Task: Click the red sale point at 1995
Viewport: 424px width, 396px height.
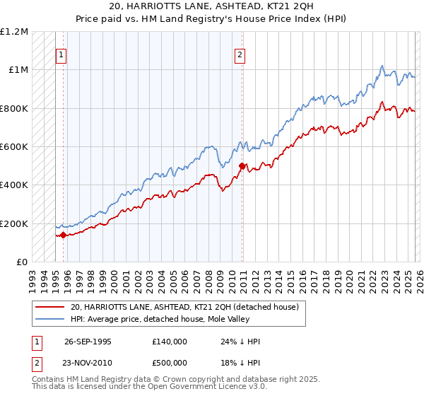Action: [64, 235]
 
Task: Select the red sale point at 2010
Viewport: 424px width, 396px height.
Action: [242, 166]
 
